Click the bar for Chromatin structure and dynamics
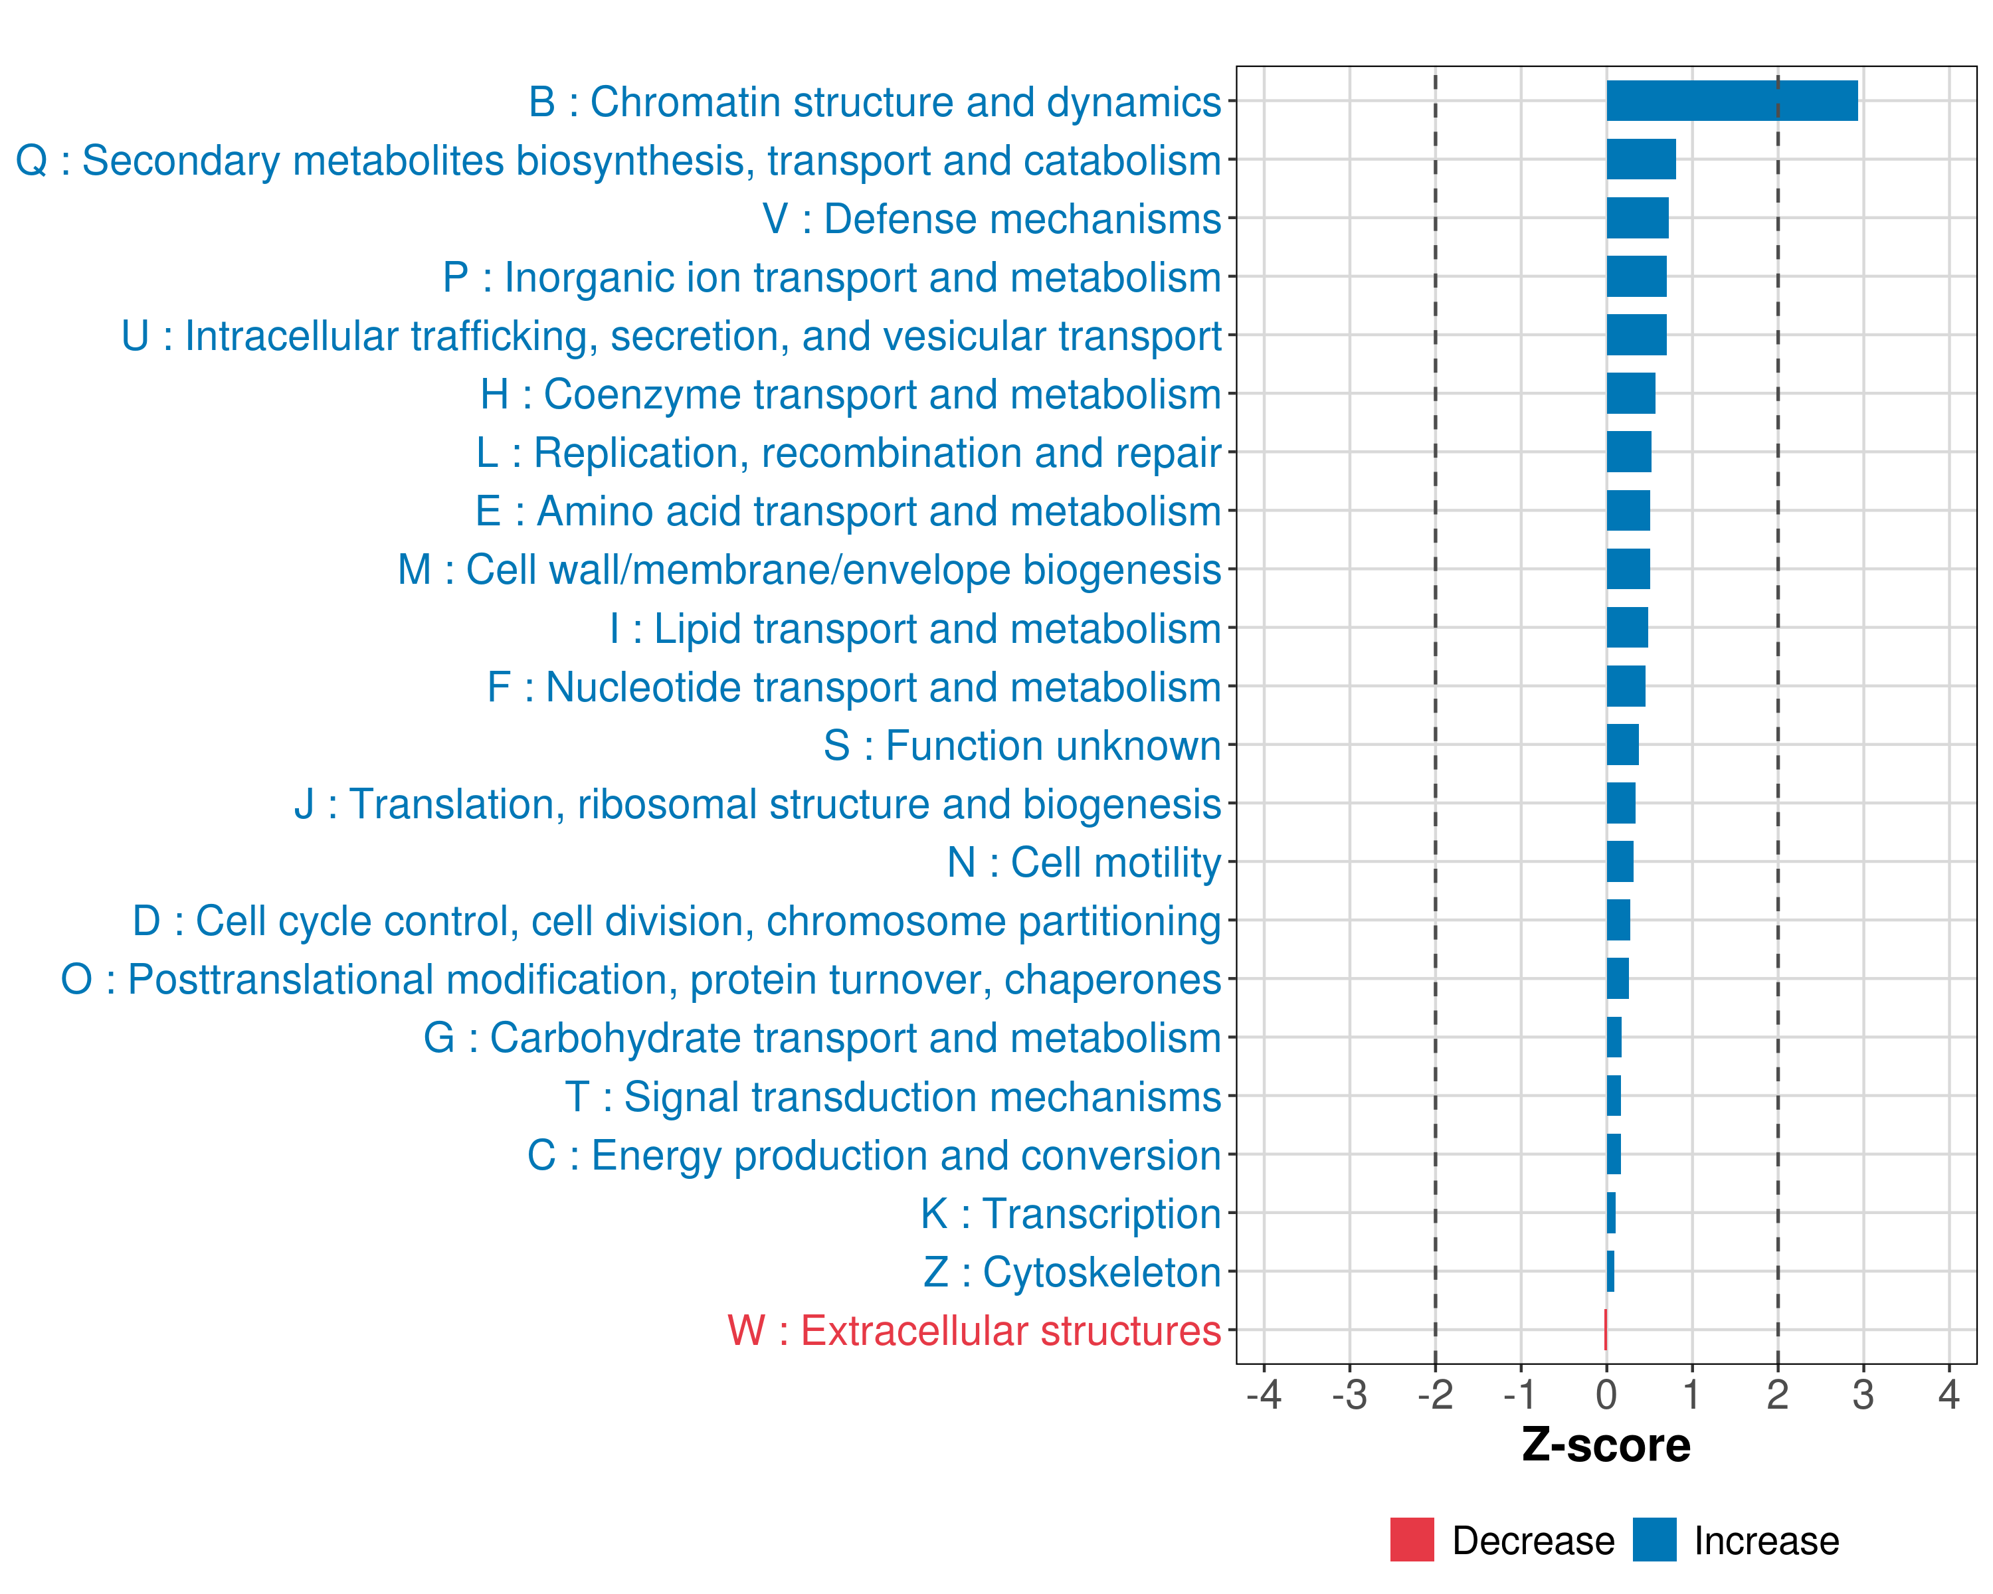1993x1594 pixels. point(1731,101)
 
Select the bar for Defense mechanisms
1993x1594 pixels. point(1637,218)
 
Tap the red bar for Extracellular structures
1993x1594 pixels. point(1606,1330)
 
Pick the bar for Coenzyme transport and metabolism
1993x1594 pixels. point(1631,394)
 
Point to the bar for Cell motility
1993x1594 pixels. point(1620,862)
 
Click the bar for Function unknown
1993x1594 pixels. point(1622,745)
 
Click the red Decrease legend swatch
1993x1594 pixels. point(1412,1540)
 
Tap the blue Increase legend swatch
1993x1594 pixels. point(1654,1540)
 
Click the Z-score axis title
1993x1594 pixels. point(1606,1445)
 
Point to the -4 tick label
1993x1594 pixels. point(1264,1394)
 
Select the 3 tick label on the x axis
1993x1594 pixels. point(1863,1394)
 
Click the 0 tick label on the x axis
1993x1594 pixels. point(1606,1394)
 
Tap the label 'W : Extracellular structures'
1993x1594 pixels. point(975,1330)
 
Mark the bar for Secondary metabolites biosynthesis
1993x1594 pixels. point(1641,159)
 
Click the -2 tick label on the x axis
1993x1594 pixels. point(1435,1394)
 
